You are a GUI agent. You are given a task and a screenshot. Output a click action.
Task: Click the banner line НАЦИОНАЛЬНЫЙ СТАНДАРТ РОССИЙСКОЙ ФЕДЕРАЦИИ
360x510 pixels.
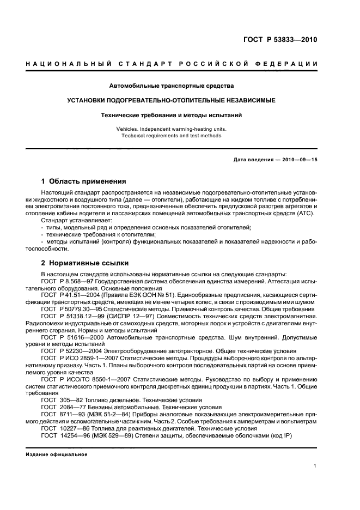(172, 64)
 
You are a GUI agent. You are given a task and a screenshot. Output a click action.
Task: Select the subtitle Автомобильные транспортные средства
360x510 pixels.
(172, 86)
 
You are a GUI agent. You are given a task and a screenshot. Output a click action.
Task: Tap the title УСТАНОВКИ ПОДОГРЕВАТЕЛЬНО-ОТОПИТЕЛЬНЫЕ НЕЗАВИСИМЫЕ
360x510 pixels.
(172, 100)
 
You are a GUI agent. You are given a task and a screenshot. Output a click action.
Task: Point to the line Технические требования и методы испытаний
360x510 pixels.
(172, 115)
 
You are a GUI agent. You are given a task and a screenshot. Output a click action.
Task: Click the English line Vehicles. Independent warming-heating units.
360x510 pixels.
(172, 129)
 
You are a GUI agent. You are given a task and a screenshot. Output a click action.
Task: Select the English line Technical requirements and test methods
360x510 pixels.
(172, 136)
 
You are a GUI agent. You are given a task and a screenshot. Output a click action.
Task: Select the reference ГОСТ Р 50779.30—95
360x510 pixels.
(68, 308)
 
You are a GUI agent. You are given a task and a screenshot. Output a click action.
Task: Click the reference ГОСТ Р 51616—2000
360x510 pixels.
(66, 337)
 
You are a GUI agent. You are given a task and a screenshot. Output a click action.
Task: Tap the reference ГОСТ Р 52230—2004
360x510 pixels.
(66, 351)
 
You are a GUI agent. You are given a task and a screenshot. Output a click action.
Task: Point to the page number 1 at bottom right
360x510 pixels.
(315, 466)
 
